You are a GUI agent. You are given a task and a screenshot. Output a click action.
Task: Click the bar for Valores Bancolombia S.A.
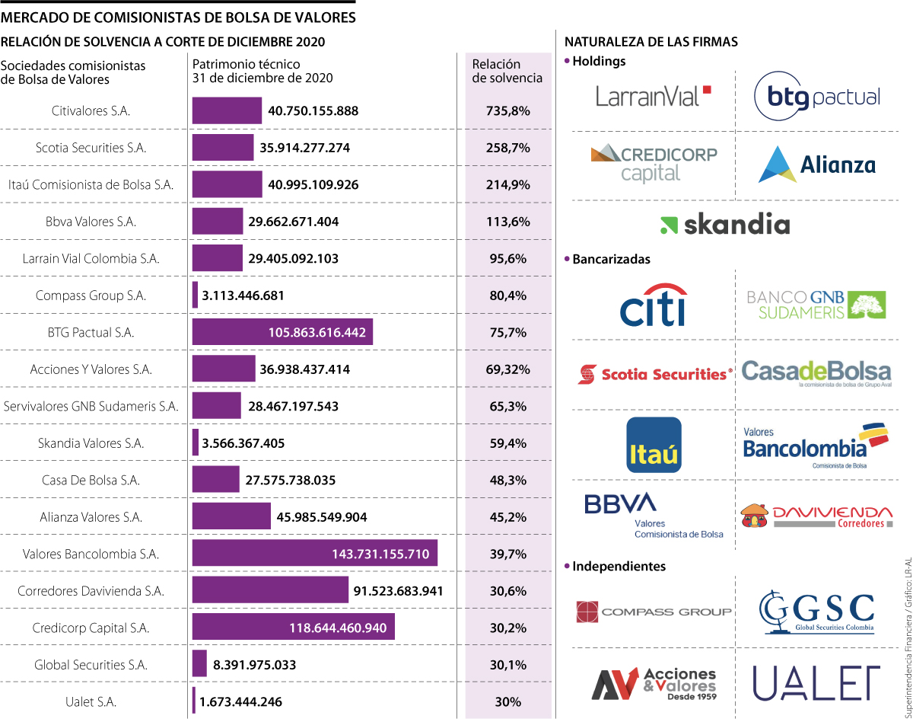[x=314, y=554]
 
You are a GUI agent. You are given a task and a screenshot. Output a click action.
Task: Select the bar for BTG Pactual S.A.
[x=282, y=332]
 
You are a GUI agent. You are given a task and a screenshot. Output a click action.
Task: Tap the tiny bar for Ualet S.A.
[x=194, y=701]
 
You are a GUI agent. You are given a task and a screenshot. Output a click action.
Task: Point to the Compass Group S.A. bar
[x=195, y=295]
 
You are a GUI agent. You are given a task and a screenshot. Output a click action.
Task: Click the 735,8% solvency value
[x=507, y=110]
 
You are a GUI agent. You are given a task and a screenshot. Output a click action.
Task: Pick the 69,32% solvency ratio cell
[x=507, y=369]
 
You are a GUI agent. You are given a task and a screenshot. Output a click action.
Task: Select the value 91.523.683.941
[x=398, y=591]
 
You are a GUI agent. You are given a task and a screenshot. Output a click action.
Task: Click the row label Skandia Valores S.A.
[x=91, y=443]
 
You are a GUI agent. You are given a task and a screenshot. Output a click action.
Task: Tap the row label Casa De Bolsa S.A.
[x=91, y=480]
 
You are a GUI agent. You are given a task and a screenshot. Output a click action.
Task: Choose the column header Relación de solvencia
[x=507, y=71]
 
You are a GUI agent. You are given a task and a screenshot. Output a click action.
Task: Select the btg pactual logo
[x=816, y=97]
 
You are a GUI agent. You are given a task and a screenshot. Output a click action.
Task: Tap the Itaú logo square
[x=654, y=445]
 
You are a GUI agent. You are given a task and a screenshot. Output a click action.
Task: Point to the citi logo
[x=654, y=305]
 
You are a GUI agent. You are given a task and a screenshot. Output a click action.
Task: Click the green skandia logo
[x=724, y=224]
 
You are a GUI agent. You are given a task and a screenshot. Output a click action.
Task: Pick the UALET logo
[x=816, y=682]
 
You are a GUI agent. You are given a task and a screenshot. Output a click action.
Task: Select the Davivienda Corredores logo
[x=816, y=516]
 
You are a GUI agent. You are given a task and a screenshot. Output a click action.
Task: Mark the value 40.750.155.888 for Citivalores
[x=313, y=110]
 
